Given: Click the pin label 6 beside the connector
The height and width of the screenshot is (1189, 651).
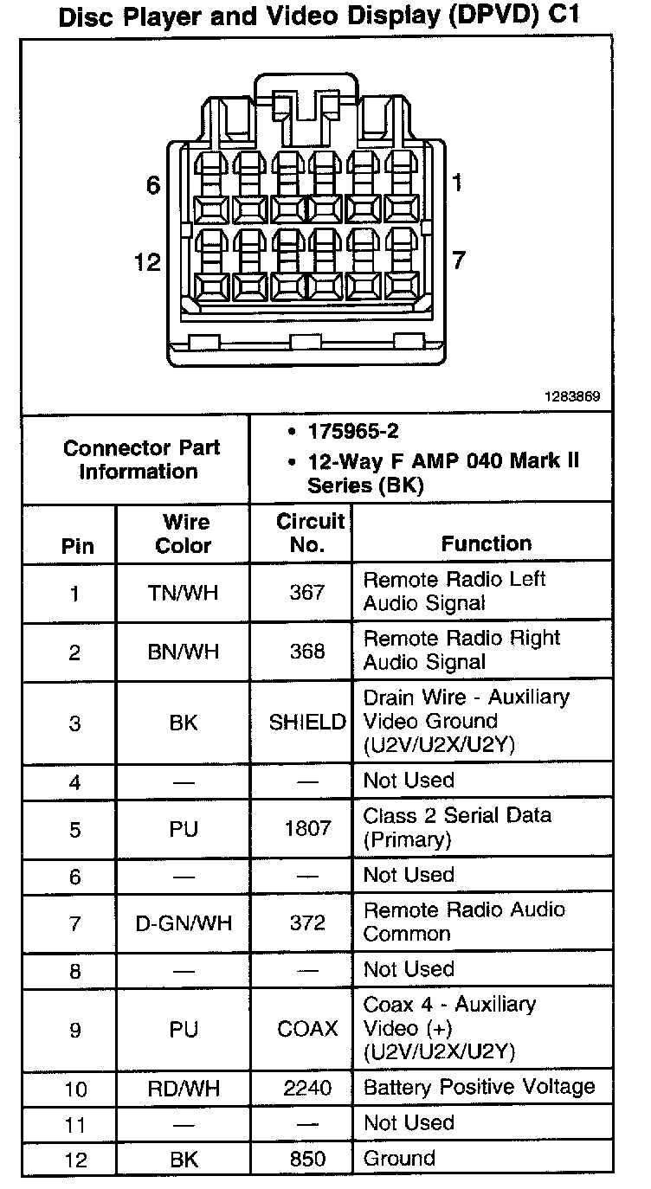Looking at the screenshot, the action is pos(153,186).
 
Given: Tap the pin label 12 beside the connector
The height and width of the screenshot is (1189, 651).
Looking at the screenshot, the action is pos(148,262).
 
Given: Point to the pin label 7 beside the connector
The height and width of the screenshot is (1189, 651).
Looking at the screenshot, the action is pos(459,260).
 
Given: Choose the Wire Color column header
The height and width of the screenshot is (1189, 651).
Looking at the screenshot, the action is pos(183,534).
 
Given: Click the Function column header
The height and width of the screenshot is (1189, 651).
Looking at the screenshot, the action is pos(486,543).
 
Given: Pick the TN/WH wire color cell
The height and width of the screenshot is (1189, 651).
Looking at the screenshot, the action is pos(183,593).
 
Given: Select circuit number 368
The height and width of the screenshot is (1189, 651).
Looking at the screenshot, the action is pos(307,651).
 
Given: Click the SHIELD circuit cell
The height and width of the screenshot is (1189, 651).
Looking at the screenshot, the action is pos(307,723).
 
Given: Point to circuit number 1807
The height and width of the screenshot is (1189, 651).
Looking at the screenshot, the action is pos(307,828).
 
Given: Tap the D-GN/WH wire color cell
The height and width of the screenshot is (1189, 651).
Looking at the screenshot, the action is pos(184,923).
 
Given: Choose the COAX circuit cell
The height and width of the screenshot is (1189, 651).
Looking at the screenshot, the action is pos(307,1029).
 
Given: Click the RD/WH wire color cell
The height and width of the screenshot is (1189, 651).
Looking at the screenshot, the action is pos(184,1088).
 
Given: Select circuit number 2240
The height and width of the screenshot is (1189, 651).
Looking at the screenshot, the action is pos(307,1088).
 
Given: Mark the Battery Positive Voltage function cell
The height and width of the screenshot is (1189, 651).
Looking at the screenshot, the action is pos(479,1087).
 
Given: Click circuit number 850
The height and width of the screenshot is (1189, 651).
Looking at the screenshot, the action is pos(307,1159).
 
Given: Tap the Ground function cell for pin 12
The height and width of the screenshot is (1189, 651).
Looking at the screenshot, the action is pos(399,1159).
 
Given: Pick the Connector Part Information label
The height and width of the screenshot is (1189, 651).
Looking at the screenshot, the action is pos(141,460).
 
